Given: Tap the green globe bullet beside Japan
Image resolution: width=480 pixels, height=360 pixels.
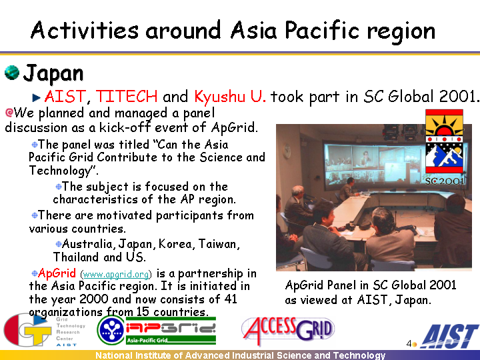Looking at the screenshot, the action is (x=12, y=73).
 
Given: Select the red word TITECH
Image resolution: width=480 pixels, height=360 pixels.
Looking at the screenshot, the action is (x=127, y=97).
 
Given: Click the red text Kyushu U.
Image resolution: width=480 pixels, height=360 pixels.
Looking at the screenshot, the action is (x=230, y=97).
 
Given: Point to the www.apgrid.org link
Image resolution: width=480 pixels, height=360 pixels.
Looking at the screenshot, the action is (x=116, y=274).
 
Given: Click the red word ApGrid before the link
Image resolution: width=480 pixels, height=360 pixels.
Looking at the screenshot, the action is (x=57, y=273).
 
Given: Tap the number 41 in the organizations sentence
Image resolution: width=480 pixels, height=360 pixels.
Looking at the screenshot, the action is (x=231, y=299).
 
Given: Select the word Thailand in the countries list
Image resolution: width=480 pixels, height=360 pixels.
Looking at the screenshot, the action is (x=76, y=257).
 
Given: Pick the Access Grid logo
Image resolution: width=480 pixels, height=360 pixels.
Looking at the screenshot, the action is (x=288, y=330).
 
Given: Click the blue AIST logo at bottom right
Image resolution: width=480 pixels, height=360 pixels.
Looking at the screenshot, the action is (x=449, y=337).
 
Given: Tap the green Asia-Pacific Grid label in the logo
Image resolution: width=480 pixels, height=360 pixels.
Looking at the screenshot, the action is (x=147, y=340).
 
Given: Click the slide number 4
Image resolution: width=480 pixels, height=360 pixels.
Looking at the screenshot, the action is (x=409, y=343).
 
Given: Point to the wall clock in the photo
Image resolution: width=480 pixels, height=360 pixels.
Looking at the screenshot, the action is (x=287, y=151).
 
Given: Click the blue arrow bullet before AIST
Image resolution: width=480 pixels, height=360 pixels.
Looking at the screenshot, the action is (x=37, y=97).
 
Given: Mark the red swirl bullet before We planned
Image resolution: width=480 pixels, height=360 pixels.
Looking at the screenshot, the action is (x=9, y=113).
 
